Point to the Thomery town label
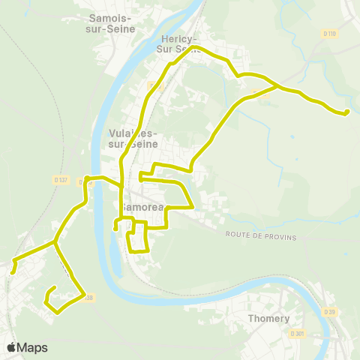pyautogui.click(x=268, y=319)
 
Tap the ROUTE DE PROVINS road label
pyautogui.click(x=261, y=236)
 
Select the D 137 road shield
pyautogui.click(x=61, y=179)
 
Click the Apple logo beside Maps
pyautogui.click(x=12, y=347)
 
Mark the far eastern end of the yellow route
pyautogui.click(x=346, y=112)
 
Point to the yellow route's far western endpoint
pyautogui.click(x=13, y=272)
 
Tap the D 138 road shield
pyautogui.click(x=88, y=298)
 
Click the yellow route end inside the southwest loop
pyautogui.click(x=55, y=289)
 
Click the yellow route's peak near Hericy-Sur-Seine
pyautogui.click(x=195, y=47)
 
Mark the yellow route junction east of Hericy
pyautogui.click(x=279, y=87)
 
